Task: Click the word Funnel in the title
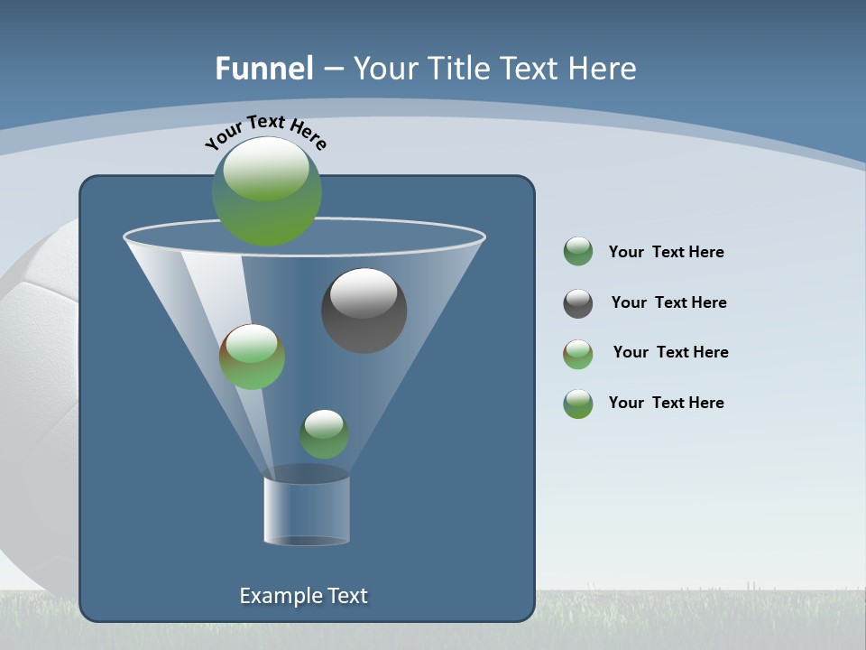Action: pyautogui.click(x=263, y=68)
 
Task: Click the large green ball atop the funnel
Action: pyautogui.click(x=267, y=191)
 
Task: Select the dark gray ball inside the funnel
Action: pyautogui.click(x=364, y=311)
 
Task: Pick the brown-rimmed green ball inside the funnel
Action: pyautogui.click(x=253, y=357)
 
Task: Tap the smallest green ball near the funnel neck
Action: pyautogui.click(x=324, y=434)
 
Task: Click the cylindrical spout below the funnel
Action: pyautogui.click(x=307, y=510)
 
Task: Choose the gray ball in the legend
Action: pyautogui.click(x=578, y=303)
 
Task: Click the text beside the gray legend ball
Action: pyautogui.click(x=668, y=302)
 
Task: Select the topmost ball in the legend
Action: pyautogui.click(x=578, y=252)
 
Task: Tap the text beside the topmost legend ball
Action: pyautogui.click(x=666, y=252)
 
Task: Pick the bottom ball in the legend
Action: pyautogui.click(x=578, y=404)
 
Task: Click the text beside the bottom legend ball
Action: pyautogui.click(x=666, y=403)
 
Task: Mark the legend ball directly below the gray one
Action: pyautogui.click(x=578, y=354)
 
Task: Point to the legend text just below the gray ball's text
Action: pyautogui.click(x=670, y=352)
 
